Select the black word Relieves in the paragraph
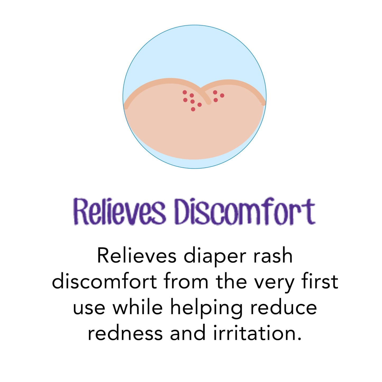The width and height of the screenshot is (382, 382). coord(137,256)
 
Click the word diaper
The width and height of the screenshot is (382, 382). coord(215,256)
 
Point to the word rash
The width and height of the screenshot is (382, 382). coord(273,256)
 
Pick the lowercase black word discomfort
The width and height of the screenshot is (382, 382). coord(104,282)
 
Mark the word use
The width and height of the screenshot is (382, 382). coord(89,308)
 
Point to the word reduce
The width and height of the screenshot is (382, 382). coord(283,307)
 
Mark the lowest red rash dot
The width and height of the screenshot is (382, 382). coord(193,109)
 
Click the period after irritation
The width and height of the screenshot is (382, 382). coord(299,338)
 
